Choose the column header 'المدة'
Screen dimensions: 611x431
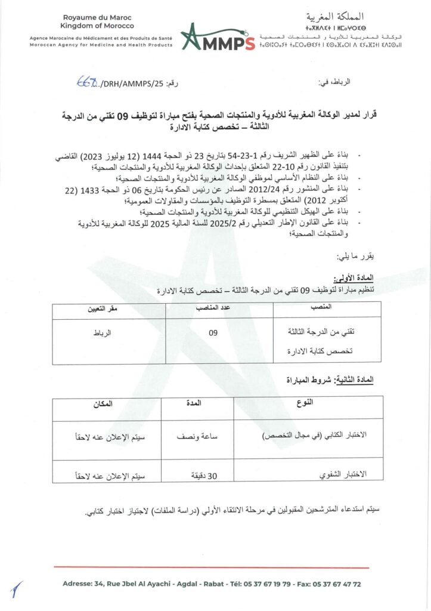(x=195, y=403)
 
